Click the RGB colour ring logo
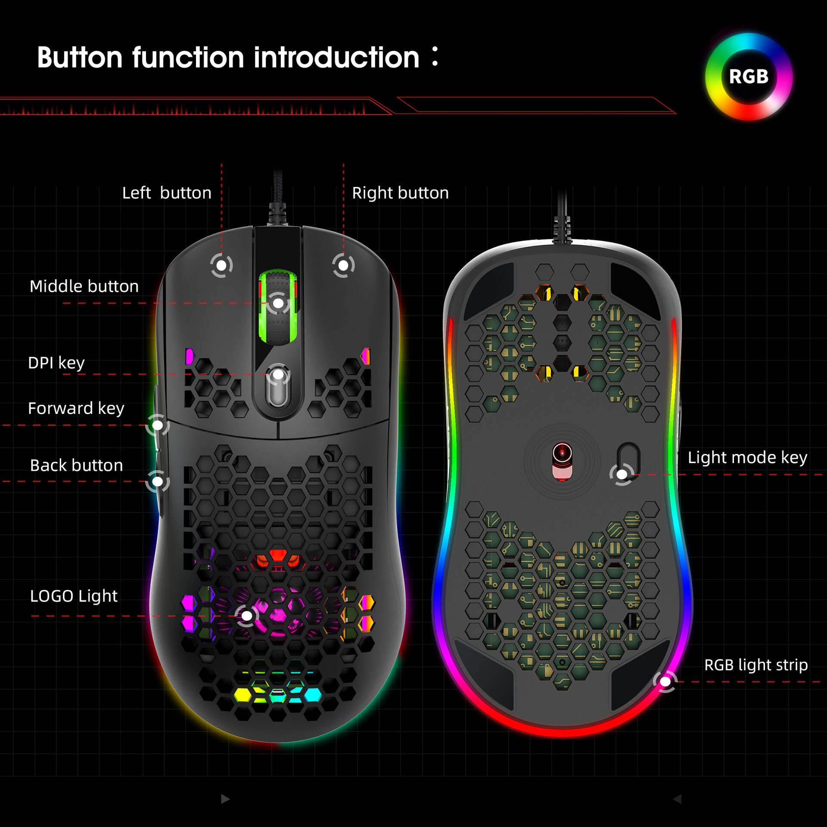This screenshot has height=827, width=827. [x=749, y=77]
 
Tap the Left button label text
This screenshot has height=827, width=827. [x=167, y=193]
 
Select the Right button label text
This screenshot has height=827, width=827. [x=400, y=193]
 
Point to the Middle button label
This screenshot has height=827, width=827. [x=84, y=286]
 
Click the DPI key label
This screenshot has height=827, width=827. [x=56, y=363]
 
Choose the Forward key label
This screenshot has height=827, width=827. [x=76, y=408]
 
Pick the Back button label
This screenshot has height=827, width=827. [x=76, y=466]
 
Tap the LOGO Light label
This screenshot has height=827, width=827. [x=74, y=596]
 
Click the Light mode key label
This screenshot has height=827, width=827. [x=747, y=457]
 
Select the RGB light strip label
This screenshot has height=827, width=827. [x=755, y=665]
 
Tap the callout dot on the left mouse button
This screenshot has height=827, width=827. [x=221, y=266]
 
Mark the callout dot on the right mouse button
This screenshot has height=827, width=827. [x=343, y=266]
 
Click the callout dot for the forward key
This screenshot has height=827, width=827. [x=158, y=426]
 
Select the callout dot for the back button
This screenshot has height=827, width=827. [x=158, y=481]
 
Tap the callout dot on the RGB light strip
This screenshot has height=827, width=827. [x=665, y=682]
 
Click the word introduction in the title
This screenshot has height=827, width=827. [x=336, y=58]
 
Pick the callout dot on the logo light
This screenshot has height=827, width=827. [x=247, y=616]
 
